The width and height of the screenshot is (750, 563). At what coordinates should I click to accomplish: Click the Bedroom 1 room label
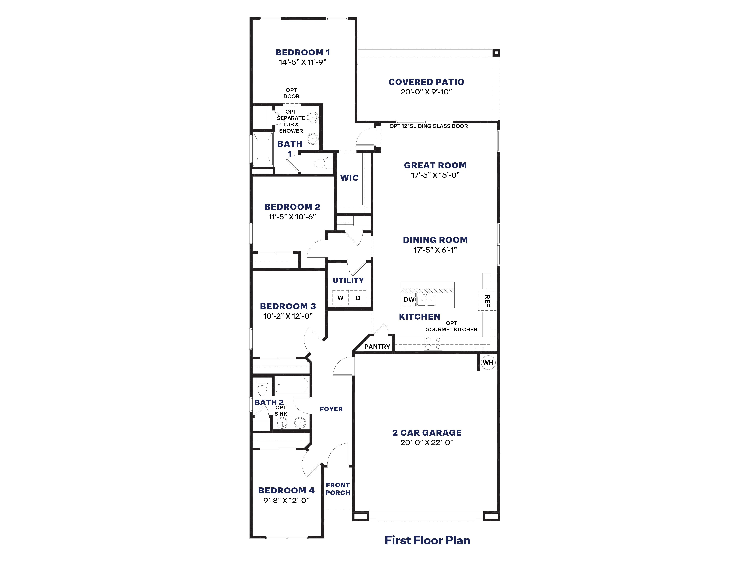[x=302, y=53]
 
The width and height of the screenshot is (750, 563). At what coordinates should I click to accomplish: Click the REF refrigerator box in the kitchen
[x=487, y=301]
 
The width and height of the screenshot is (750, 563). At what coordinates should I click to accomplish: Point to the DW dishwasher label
[x=409, y=299]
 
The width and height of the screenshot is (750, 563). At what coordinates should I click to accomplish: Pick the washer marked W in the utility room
[x=340, y=298]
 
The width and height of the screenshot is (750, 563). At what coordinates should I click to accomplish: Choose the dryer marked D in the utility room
[x=358, y=298]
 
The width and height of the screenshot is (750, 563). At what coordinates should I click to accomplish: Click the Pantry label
[x=377, y=347]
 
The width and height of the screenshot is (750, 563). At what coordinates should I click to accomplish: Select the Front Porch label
[x=338, y=489]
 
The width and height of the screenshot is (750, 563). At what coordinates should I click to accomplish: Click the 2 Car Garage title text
[x=427, y=433]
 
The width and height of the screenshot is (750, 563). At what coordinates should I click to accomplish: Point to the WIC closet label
[x=349, y=178]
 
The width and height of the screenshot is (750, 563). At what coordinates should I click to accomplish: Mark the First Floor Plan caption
[x=427, y=540]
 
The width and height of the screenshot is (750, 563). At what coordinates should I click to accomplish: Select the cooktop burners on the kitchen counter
[x=433, y=343]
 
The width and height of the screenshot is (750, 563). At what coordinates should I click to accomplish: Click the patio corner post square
[x=496, y=53]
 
